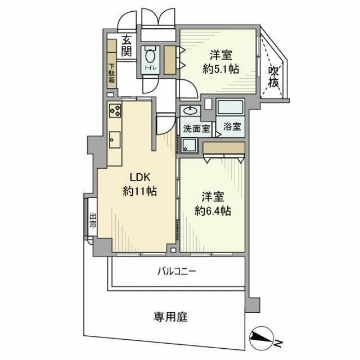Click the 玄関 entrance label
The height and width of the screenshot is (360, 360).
(127, 46)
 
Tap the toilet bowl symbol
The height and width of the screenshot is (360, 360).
(150, 57)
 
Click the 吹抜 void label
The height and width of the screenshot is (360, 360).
(273, 76)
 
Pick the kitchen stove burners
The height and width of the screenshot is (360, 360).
(115, 110)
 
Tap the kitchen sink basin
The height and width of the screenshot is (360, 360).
(115, 138)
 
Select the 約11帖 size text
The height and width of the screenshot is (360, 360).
(139, 191)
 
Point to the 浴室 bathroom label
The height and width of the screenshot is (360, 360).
(231, 127)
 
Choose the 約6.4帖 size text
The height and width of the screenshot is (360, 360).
(213, 211)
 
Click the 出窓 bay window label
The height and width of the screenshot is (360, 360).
(93, 220)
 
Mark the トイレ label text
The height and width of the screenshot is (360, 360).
(150, 69)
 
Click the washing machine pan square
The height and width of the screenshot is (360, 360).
(189, 145)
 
